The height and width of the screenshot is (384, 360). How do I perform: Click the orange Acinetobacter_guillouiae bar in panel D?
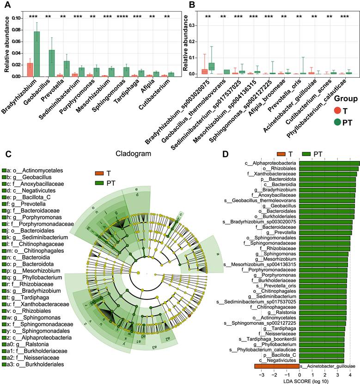pos(276,366)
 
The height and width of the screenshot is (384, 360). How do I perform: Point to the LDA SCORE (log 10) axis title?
pos(307,380)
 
